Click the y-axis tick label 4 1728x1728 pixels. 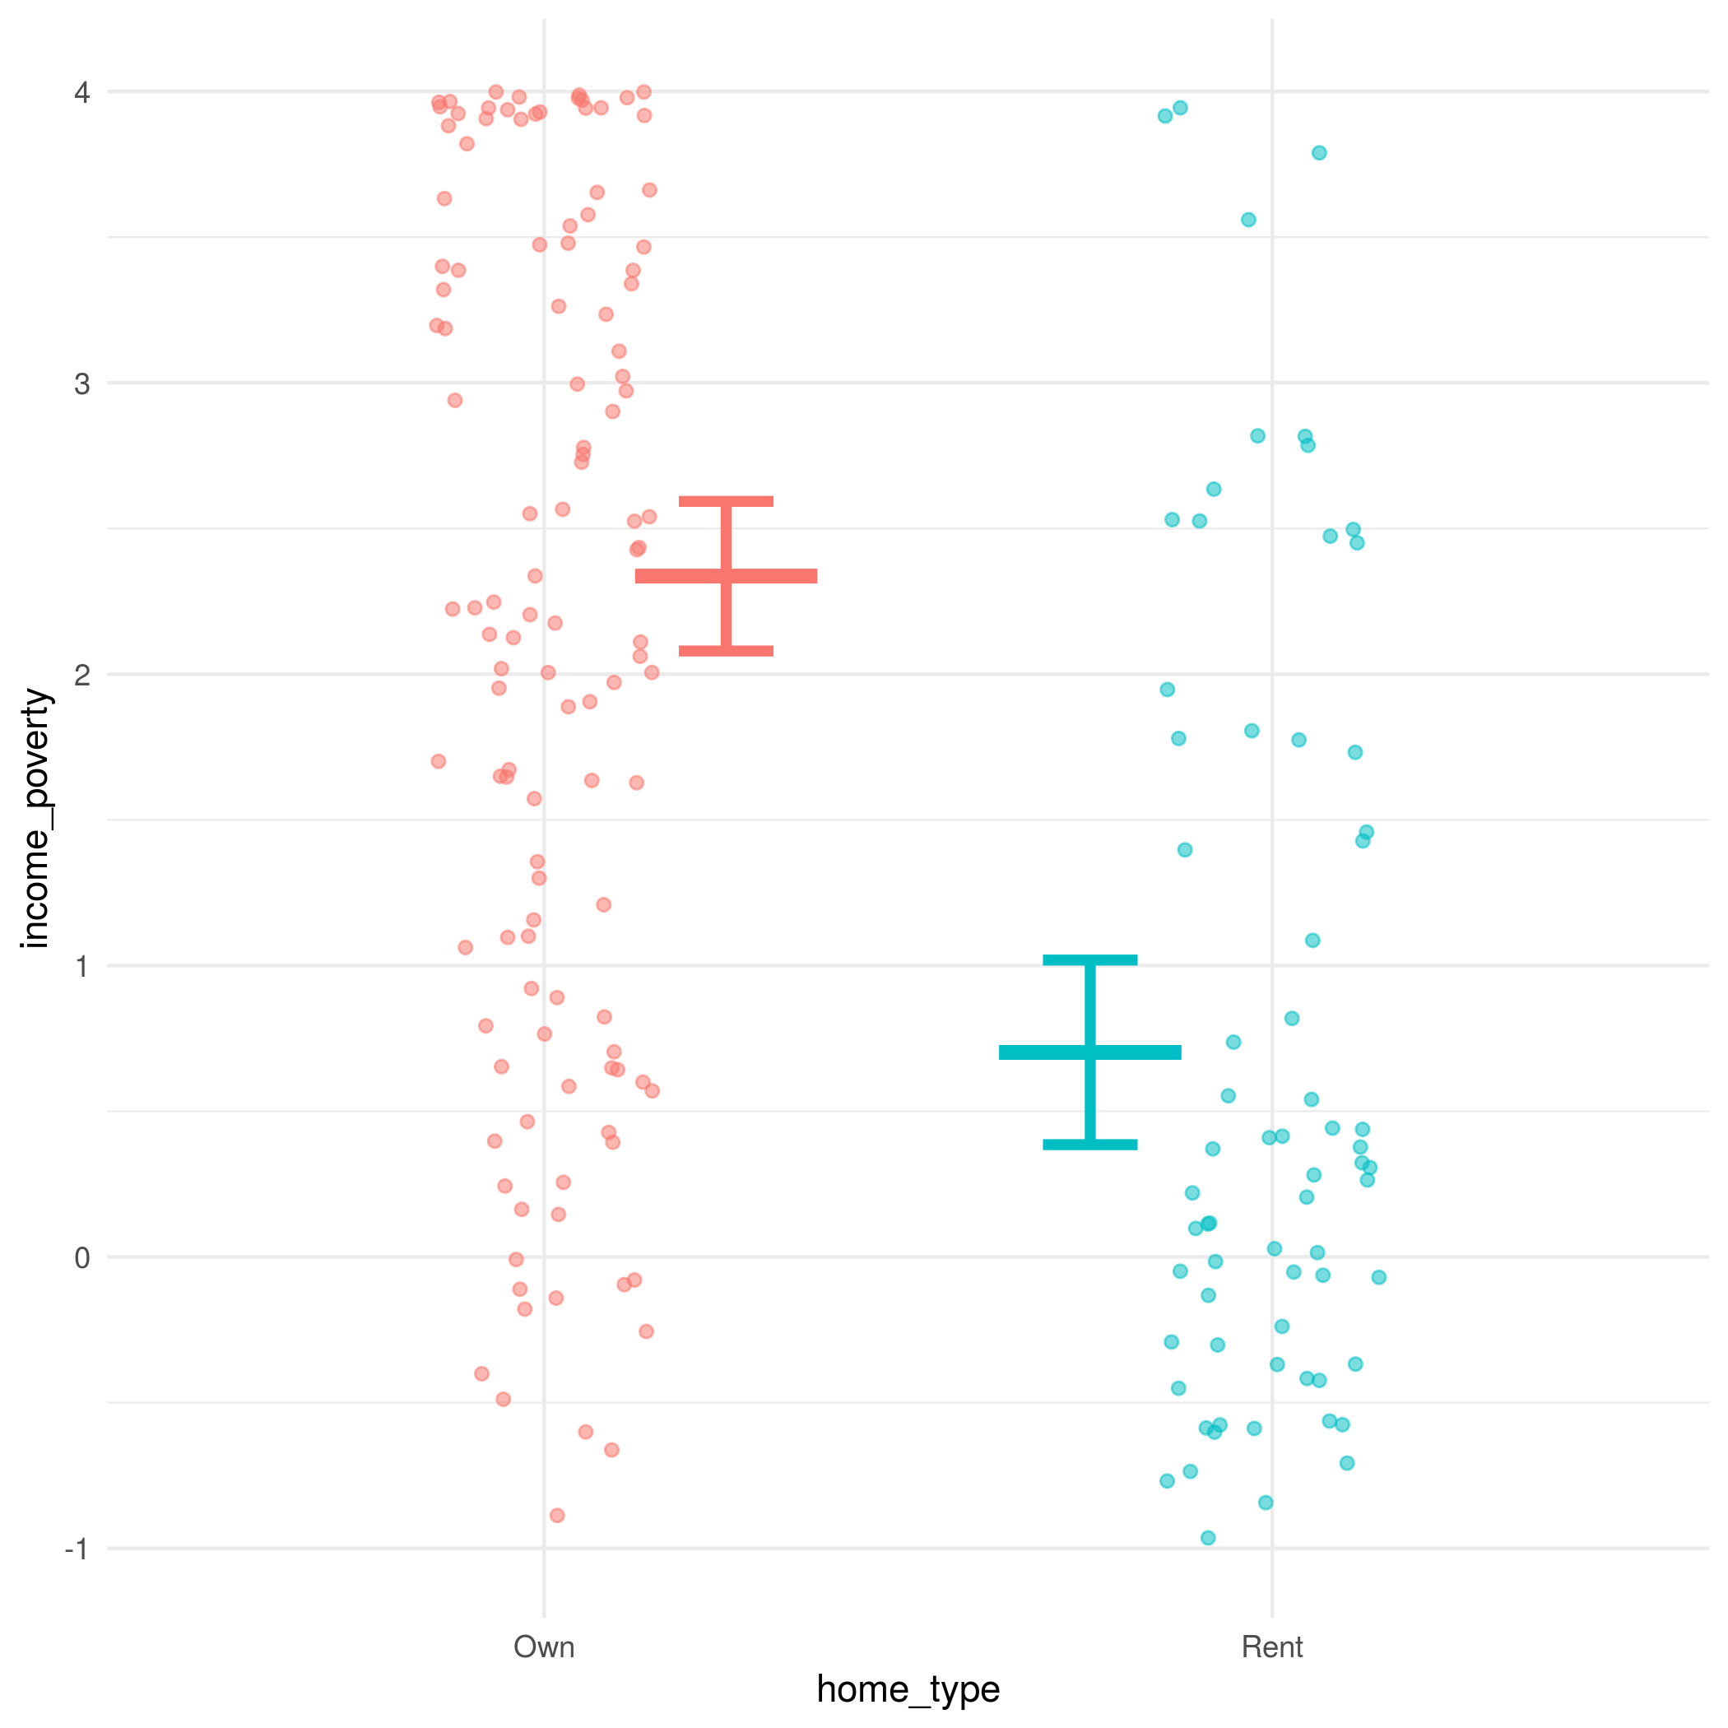tap(82, 92)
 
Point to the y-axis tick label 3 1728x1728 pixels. tap(82, 383)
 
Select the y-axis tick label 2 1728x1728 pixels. tap(82, 675)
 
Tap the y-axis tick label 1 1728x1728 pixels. tap(82, 966)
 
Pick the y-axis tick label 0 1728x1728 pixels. tap(82, 1257)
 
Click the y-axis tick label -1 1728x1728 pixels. tap(77, 1549)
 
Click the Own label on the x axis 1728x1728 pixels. tap(544, 1647)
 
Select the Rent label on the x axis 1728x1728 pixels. tap(1272, 1647)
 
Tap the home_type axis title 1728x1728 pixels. tap(908, 1689)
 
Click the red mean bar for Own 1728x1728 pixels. tap(726, 576)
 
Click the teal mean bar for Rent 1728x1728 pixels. tap(1089, 1052)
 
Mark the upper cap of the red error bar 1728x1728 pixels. tap(726, 501)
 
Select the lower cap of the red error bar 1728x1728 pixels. tap(726, 651)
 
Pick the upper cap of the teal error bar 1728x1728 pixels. tap(1089, 959)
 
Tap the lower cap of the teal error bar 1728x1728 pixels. tap(1089, 1144)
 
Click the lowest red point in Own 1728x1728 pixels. tap(556, 1515)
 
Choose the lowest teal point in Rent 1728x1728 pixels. tap(1207, 1537)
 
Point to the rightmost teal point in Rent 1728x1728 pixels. tap(1378, 1277)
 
